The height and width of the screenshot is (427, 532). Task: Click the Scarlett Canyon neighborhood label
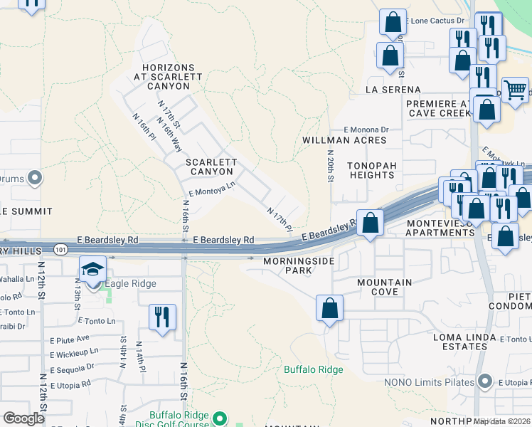[x=210, y=167]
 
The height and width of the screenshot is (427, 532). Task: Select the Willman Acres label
[x=344, y=140]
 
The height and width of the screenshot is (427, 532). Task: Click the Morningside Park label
[x=289, y=266]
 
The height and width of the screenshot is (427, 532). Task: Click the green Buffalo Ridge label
[x=314, y=369]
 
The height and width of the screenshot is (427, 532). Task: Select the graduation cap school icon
[x=93, y=270]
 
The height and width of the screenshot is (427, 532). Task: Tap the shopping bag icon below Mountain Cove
[x=329, y=309]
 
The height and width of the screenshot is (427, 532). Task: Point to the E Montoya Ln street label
[x=211, y=188]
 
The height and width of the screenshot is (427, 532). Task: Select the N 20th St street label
[x=330, y=166]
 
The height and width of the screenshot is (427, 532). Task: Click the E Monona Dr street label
[x=366, y=130]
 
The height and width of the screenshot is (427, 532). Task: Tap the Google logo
[x=24, y=418]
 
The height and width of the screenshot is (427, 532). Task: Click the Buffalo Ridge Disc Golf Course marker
[x=219, y=418]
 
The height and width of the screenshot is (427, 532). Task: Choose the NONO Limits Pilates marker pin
[x=485, y=382]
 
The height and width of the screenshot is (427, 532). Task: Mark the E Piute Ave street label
[x=69, y=338]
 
